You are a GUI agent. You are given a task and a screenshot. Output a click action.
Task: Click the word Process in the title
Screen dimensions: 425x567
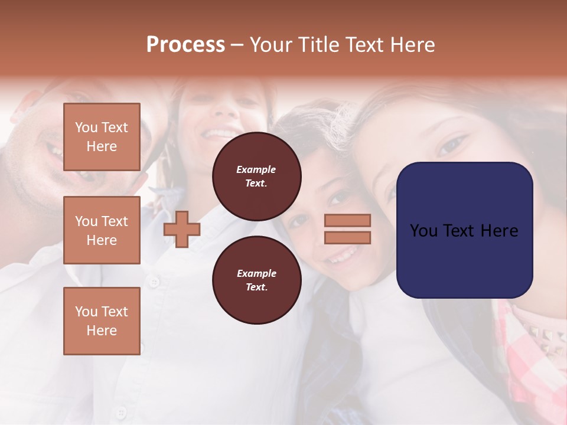(x=185, y=45)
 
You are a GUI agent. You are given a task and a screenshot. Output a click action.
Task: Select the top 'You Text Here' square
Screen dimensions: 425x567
(x=102, y=137)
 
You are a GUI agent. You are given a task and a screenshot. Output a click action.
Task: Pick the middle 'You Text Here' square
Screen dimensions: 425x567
(x=102, y=230)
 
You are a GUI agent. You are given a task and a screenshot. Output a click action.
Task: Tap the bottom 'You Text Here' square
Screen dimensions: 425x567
(x=102, y=321)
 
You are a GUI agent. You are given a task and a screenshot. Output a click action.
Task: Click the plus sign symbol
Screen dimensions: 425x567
(x=181, y=229)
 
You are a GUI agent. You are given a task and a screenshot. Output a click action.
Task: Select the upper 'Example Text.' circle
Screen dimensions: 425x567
(x=256, y=176)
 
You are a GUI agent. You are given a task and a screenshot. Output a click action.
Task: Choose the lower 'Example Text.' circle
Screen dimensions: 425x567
(x=256, y=280)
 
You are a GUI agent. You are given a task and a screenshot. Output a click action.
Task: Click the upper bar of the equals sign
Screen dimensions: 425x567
(x=347, y=220)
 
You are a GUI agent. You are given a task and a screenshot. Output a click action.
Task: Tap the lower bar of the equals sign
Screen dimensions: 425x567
(x=347, y=237)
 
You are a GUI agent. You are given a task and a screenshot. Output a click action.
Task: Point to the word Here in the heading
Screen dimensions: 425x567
(x=411, y=45)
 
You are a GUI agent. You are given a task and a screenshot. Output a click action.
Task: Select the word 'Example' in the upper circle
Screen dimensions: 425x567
(x=256, y=169)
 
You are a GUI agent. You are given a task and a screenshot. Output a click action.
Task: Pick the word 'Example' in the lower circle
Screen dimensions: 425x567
(x=256, y=273)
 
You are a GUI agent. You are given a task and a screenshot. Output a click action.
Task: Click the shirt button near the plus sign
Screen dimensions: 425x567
(x=154, y=283)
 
